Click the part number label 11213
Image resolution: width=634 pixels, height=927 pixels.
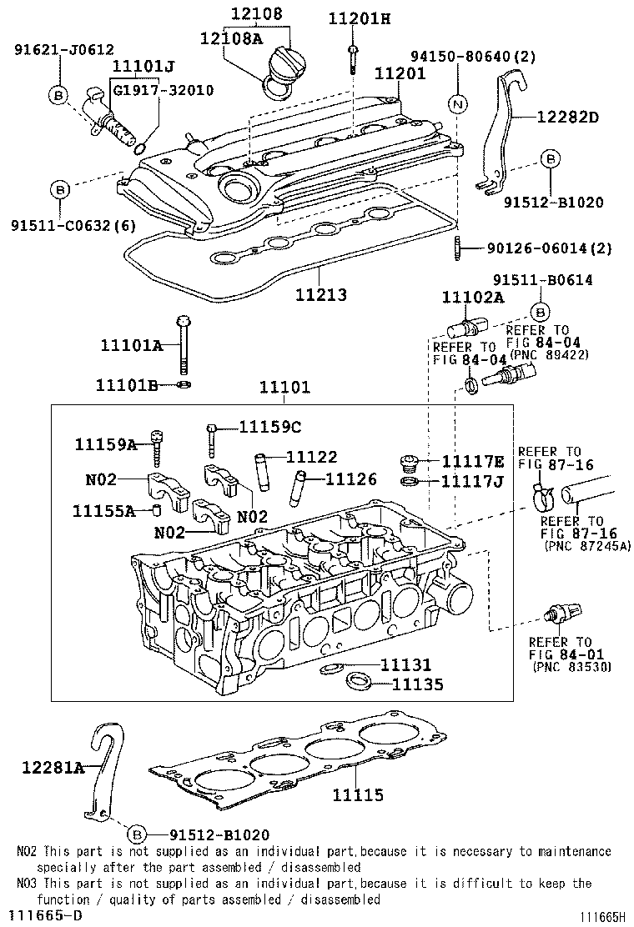(x=320, y=295)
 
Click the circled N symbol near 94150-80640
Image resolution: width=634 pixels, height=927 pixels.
(x=457, y=104)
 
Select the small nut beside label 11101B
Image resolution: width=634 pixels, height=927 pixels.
(x=184, y=384)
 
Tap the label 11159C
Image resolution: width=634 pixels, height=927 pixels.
(x=269, y=427)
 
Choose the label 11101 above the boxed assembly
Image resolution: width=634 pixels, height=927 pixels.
(x=284, y=387)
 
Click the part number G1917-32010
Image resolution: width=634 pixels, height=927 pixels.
(x=163, y=90)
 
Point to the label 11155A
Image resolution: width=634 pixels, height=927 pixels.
(x=103, y=510)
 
